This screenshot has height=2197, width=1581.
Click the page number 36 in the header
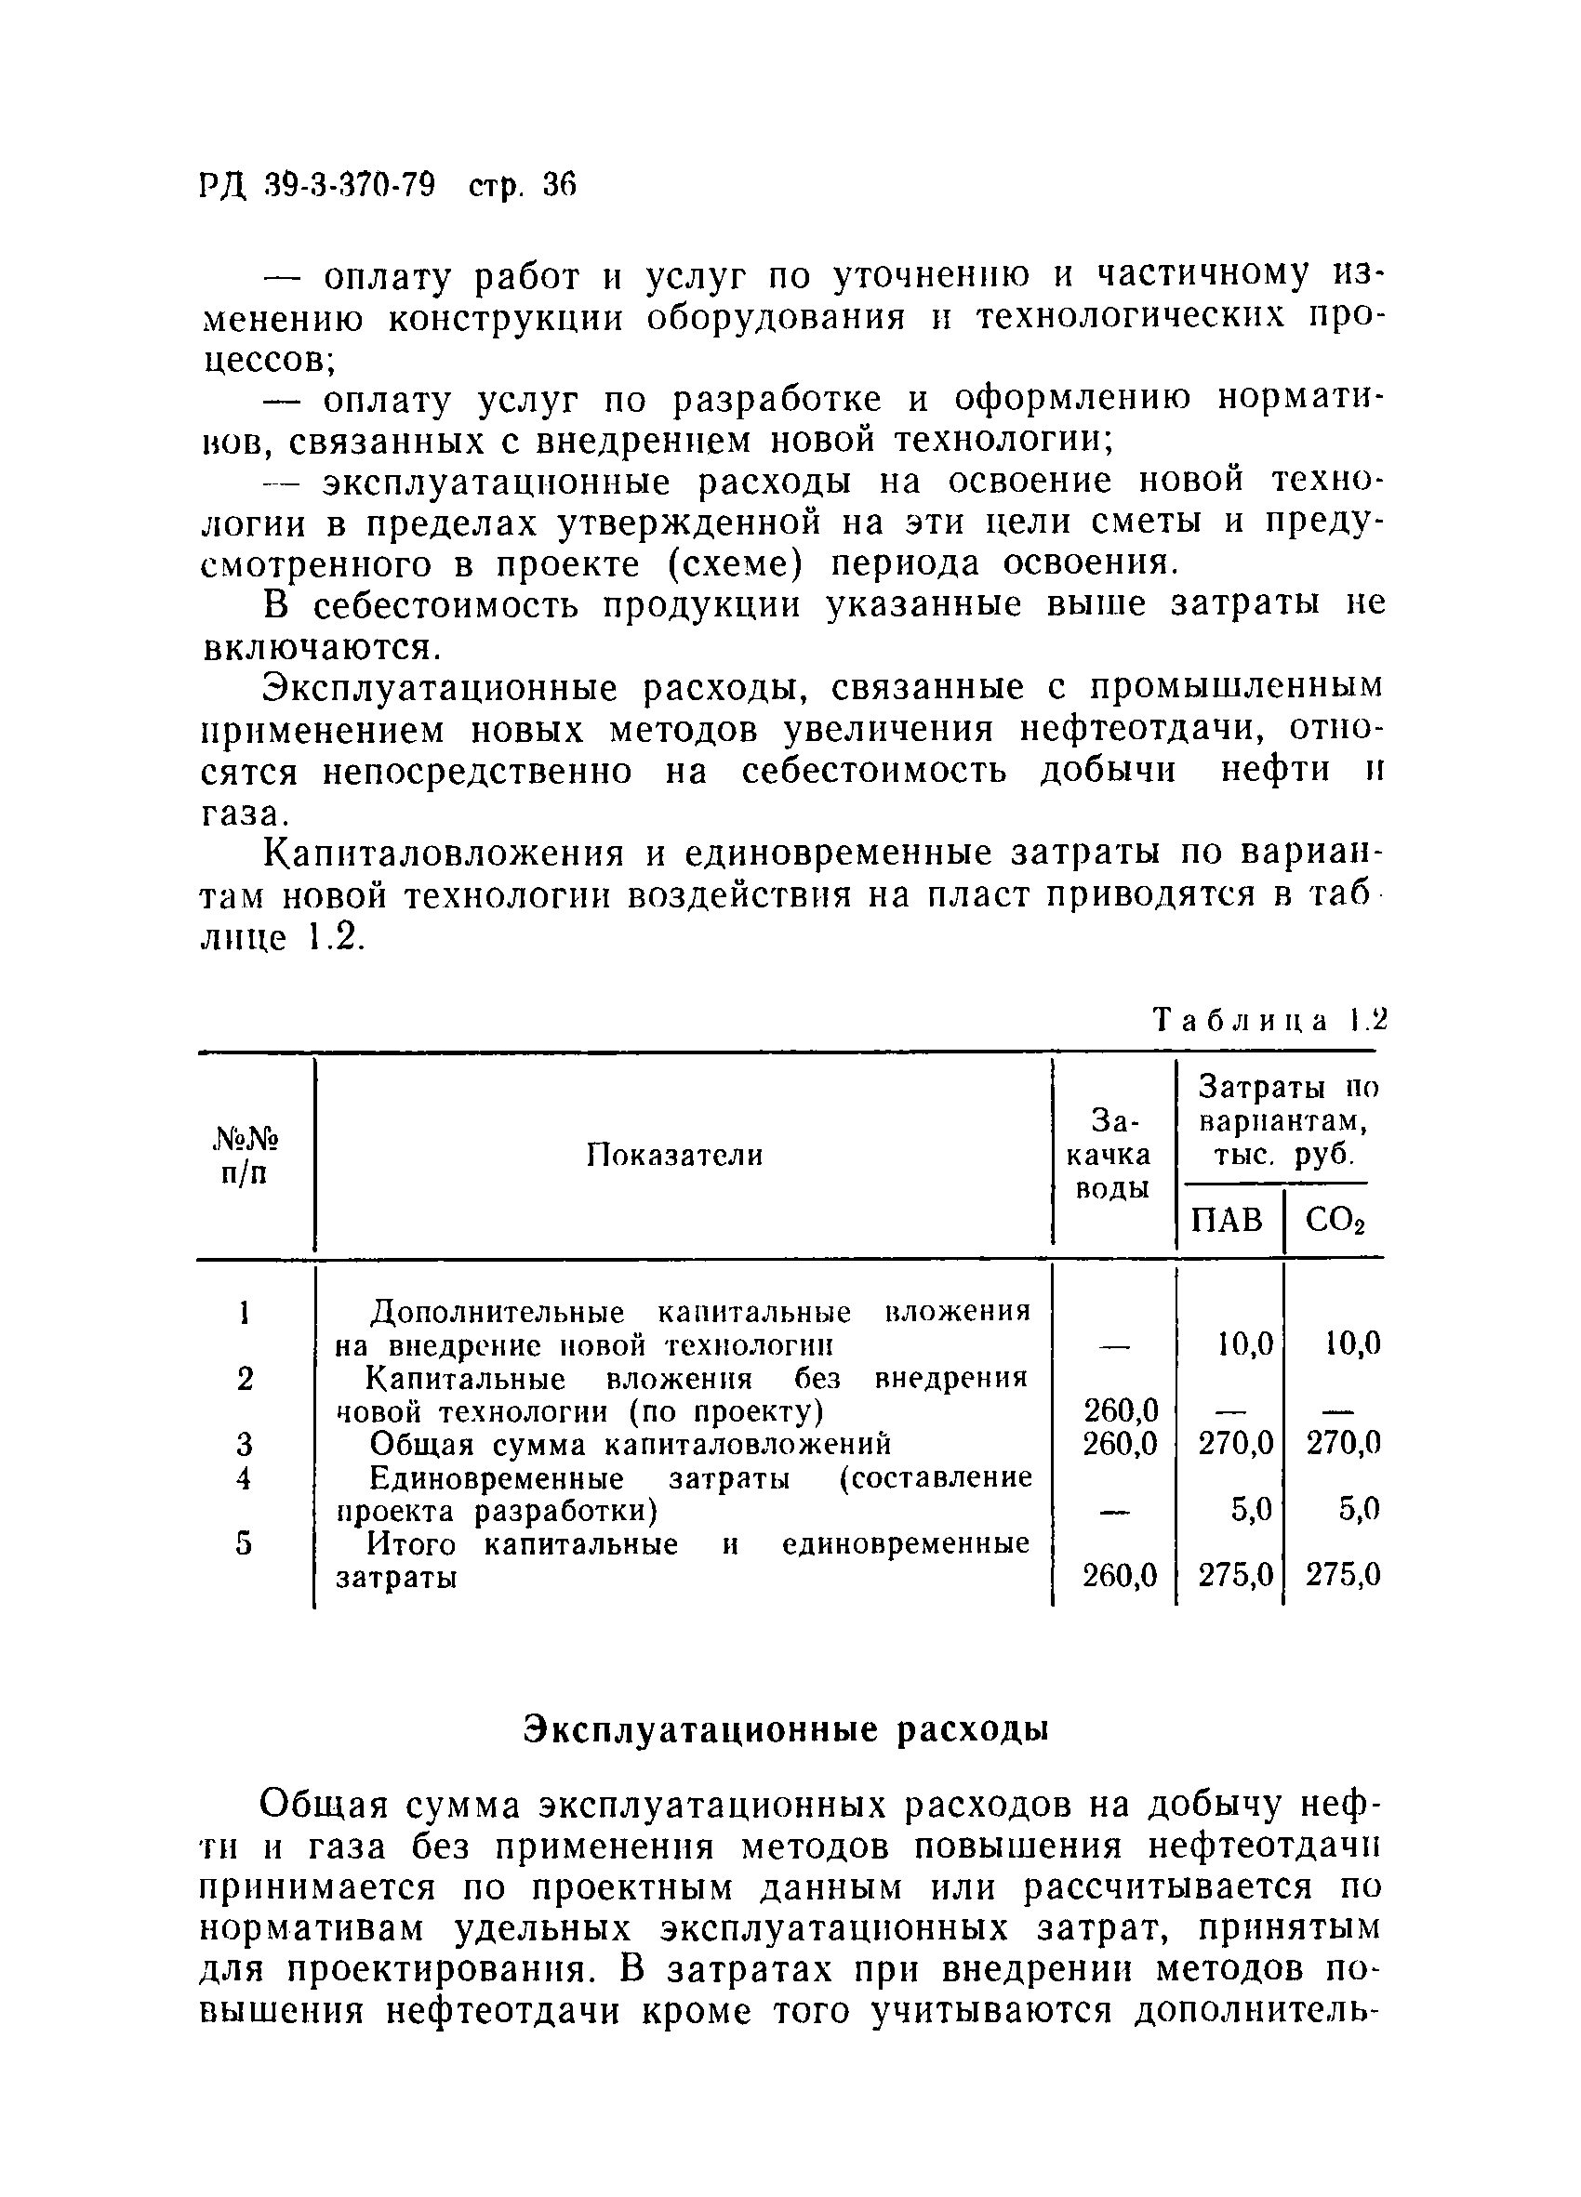tap(559, 184)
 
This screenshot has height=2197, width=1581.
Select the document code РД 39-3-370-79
tap(319, 184)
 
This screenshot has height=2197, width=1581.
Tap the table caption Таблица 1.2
tap(1270, 1020)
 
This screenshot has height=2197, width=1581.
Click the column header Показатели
tap(675, 1155)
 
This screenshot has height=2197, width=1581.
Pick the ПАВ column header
tap(1227, 1220)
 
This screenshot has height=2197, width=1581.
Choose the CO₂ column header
tap(1334, 1221)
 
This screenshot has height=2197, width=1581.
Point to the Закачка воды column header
tap(1114, 1155)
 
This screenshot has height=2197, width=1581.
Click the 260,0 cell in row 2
tap(1119, 1411)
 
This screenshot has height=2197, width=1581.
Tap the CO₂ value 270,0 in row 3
tap(1342, 1444)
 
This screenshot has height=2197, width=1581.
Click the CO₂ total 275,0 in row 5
tap(1342, 1576)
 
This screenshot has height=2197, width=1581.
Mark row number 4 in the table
tap(244, 1478)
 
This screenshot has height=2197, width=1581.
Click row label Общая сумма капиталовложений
tap(631, 1444)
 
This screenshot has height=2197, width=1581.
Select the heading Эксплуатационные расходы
tap(787, 1730)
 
